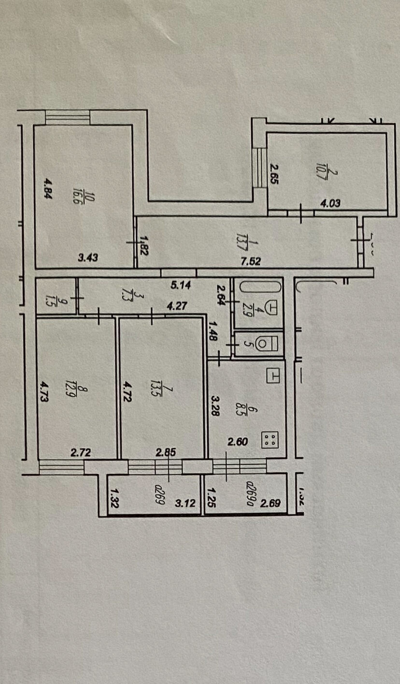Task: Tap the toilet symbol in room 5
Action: coord(264,344)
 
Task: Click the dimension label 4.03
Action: coord(330,203)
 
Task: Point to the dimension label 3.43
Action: coord(88,258)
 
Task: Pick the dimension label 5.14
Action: coord(181,285)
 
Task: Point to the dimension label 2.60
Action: coord(238,441)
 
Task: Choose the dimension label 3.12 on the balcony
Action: coord(185,504)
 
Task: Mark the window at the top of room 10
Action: coord(68,117)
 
